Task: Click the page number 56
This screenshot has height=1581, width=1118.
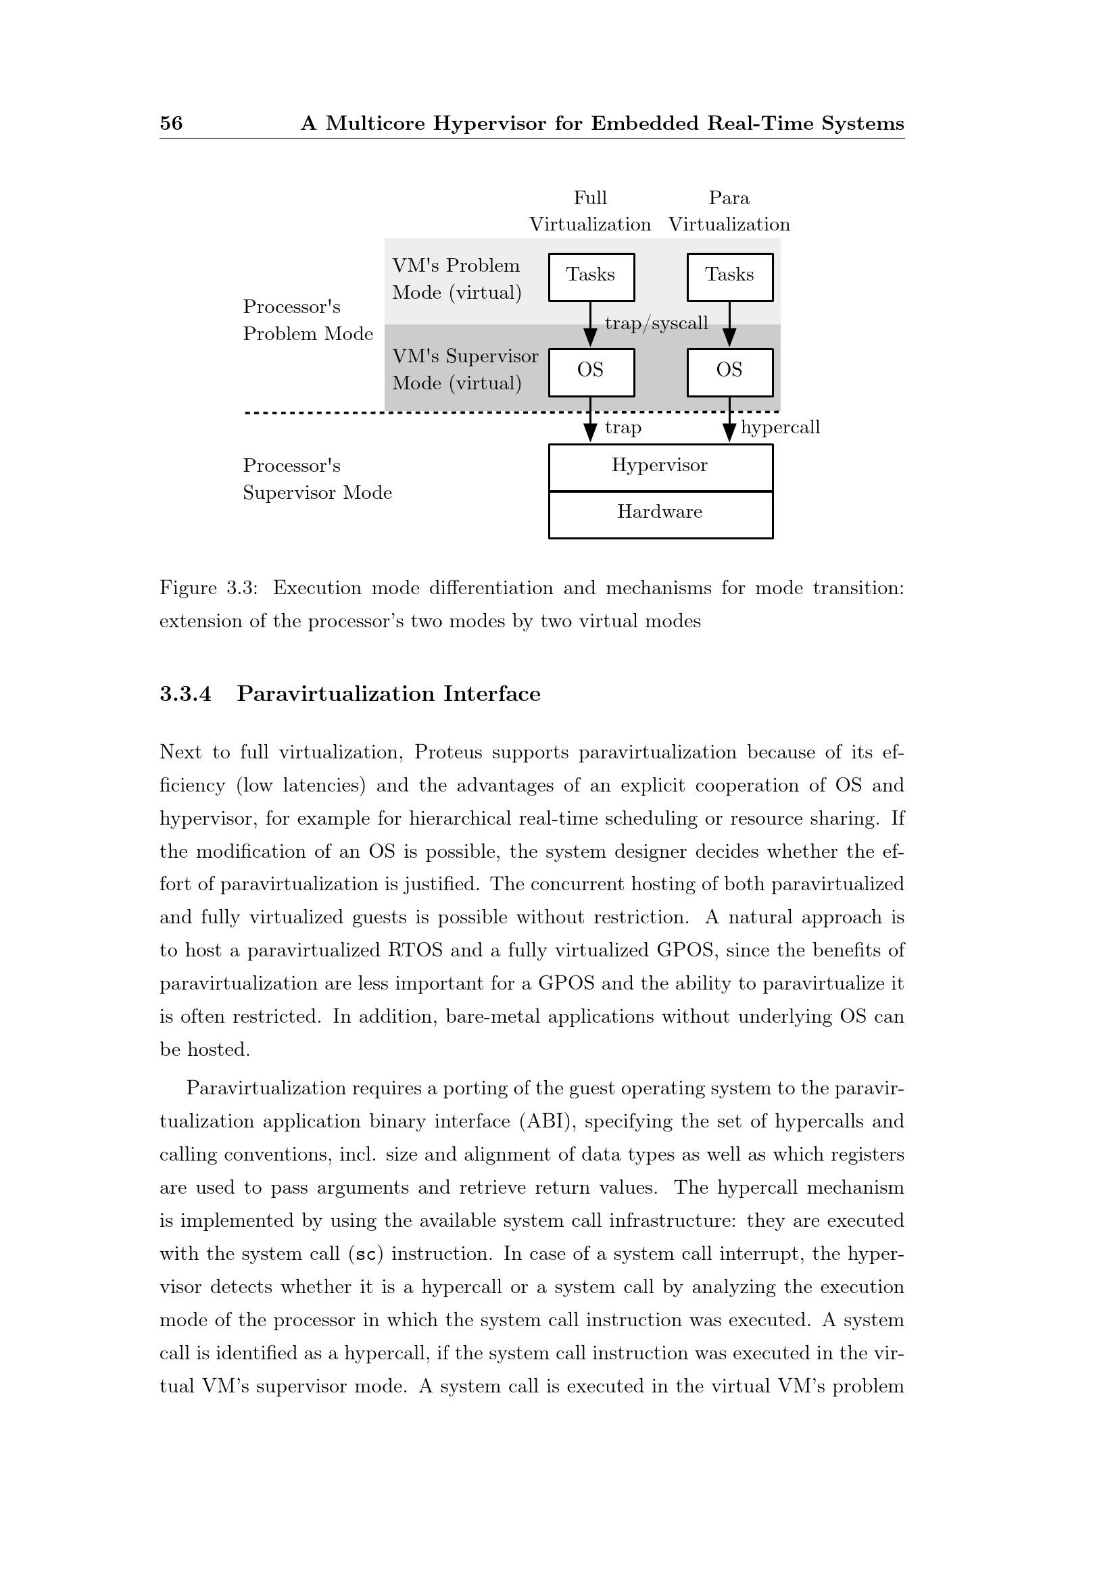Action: pyautogui.click(x=171, y=123)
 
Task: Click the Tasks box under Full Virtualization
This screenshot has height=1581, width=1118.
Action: pyautogui.click(x=591, y=277)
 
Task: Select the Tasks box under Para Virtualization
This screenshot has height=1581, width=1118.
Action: pyautogui.click(x=730, y=277)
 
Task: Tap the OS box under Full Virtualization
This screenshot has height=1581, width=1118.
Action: pyautogui.click(x=591, y=372)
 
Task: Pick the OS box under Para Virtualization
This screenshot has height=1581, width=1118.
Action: pyautogui.click(x=730, y=372)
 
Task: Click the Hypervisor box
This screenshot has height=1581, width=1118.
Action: pyautogui.click(x=660, y=466)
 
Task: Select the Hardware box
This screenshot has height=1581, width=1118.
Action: pyautogui.click(x=660, y=513)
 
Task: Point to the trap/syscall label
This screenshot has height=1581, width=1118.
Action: pyautogui.click(x=656, y=324)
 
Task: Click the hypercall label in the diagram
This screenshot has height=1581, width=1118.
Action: pyautogui.click(x=780, y=428)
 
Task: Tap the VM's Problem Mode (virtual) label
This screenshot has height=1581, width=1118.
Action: pyautogui.click(x=456, y=279)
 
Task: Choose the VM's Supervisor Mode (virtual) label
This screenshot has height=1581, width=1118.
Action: pyautogui.click(x=464, y=370)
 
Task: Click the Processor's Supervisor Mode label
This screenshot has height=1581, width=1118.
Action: pyautogui.click(x=316, y=479)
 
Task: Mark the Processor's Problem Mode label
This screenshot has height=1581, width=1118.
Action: pyautogui.click(x=308, y=320)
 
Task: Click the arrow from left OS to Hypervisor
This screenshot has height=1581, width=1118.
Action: pyautogui.click(x=590, y=419)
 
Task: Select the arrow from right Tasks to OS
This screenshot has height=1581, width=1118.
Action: pyautogui.click(x=730, y=324)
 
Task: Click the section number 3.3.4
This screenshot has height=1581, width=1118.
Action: pyautogui.click(x=185, y=694)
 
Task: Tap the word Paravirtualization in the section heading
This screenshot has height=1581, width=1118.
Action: pyautogui.click(x=336, y=694)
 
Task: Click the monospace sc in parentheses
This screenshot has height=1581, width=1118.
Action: pyautogui.click(x=366, y=1255)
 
